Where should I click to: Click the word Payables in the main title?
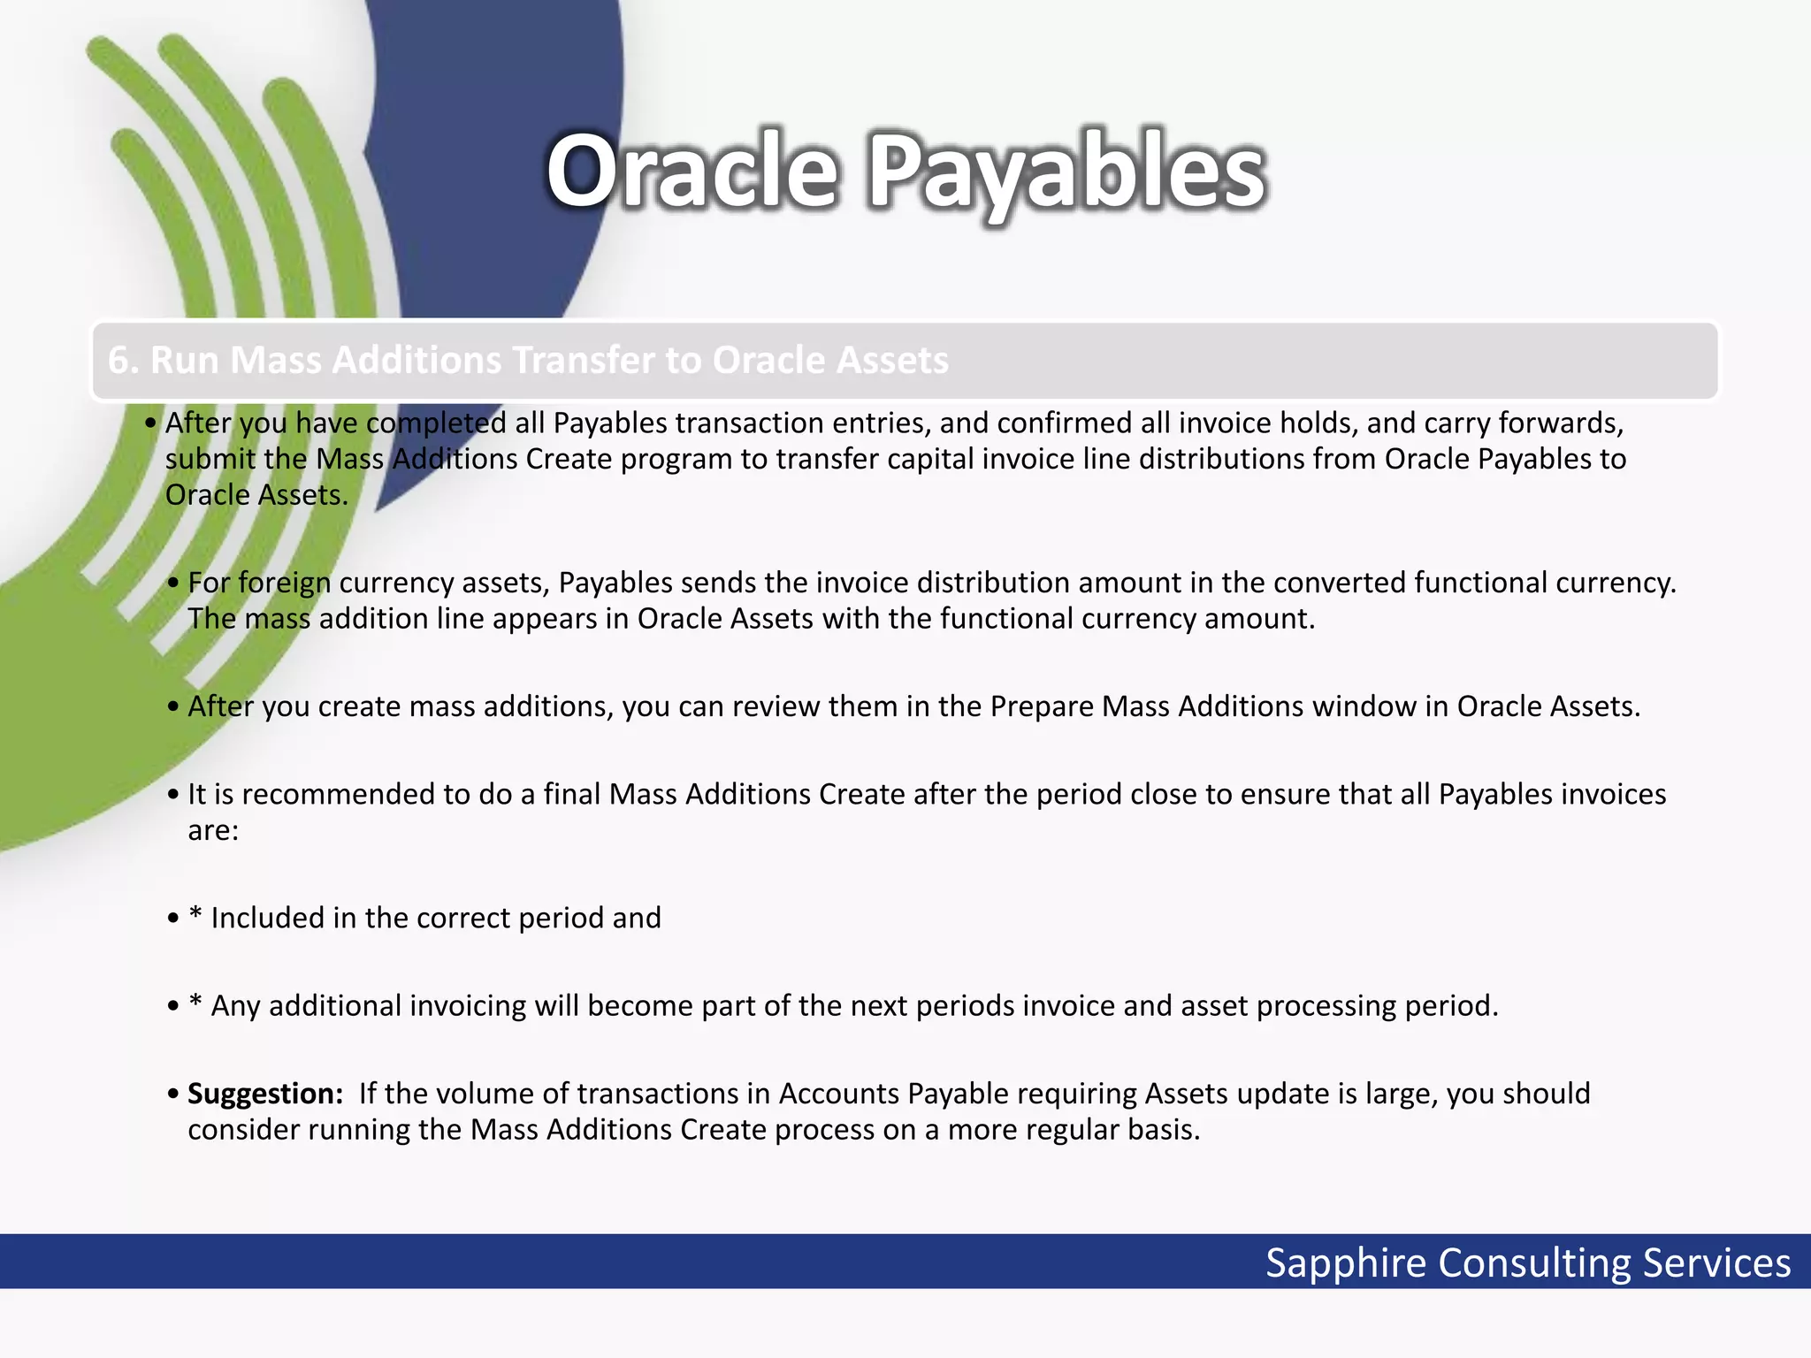(x=1068, y=172)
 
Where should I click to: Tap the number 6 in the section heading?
(x=118, y=361)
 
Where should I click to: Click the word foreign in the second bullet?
(x=284, y=584)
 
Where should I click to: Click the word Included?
(x=267, y=919)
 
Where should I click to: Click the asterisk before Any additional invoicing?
(x=195, y=1003)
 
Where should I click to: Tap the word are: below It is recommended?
(x=213, y=831)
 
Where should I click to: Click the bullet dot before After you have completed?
(x=150, y=423)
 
